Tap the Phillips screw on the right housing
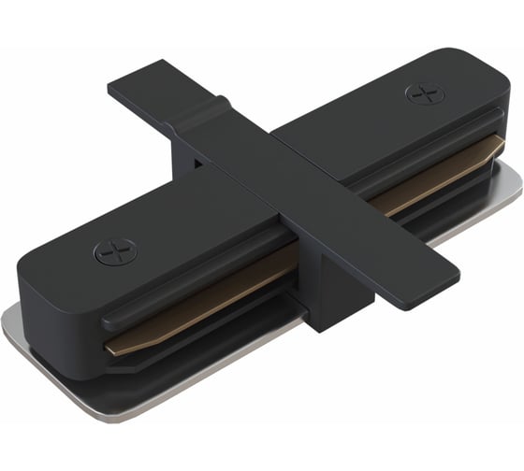pyautogui.click(x=424, y=93)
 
